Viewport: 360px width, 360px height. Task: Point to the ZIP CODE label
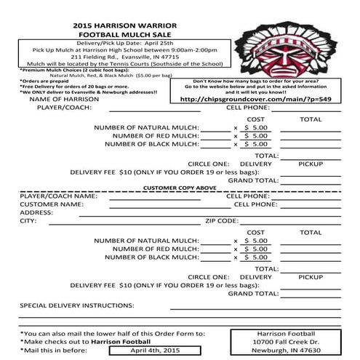click(221, 220)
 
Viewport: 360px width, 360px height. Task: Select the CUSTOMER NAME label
click(51, 204)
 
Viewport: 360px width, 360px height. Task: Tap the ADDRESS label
click(37, 212)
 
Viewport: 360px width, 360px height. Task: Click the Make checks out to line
click(85, 340)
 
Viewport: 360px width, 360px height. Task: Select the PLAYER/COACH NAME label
click(58, 196)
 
